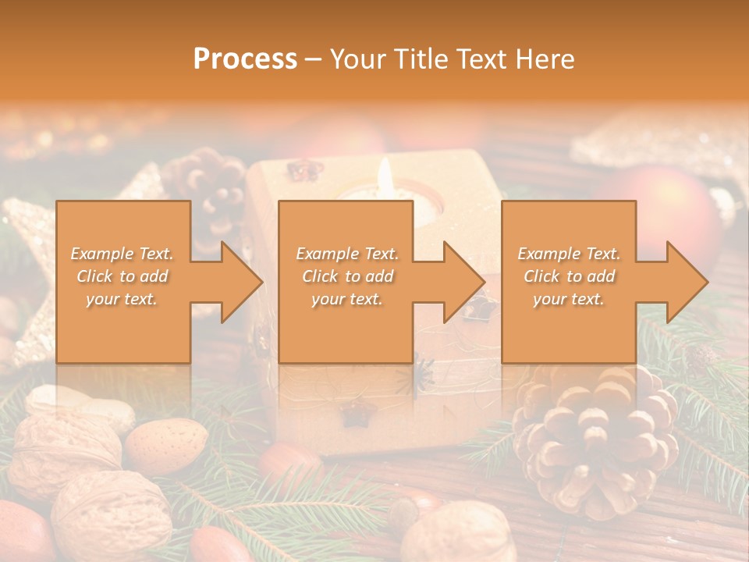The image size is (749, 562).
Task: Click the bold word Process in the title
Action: point(245,59)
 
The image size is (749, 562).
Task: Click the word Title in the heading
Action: point(421,59)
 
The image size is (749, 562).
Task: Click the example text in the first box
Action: point(122,276)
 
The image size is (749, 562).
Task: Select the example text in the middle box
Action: point(347,276)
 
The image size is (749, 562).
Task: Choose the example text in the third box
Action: point(569,276)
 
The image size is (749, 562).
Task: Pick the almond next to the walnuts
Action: point(165,446)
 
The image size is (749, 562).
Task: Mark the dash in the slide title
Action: point(313,59)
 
